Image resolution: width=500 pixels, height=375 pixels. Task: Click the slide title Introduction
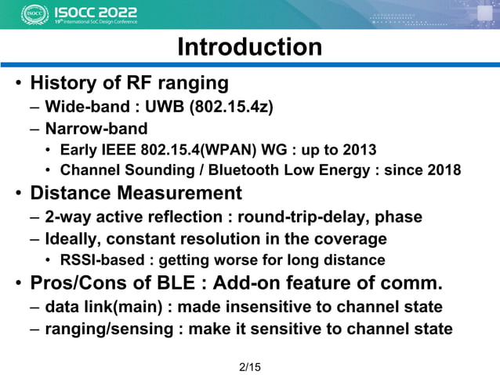tap(249, 47)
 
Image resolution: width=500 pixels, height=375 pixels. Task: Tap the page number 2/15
tap(249, 366)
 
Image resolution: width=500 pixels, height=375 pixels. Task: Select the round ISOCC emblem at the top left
tap(34, 14)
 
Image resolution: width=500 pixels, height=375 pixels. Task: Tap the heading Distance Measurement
tap(136, 193)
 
